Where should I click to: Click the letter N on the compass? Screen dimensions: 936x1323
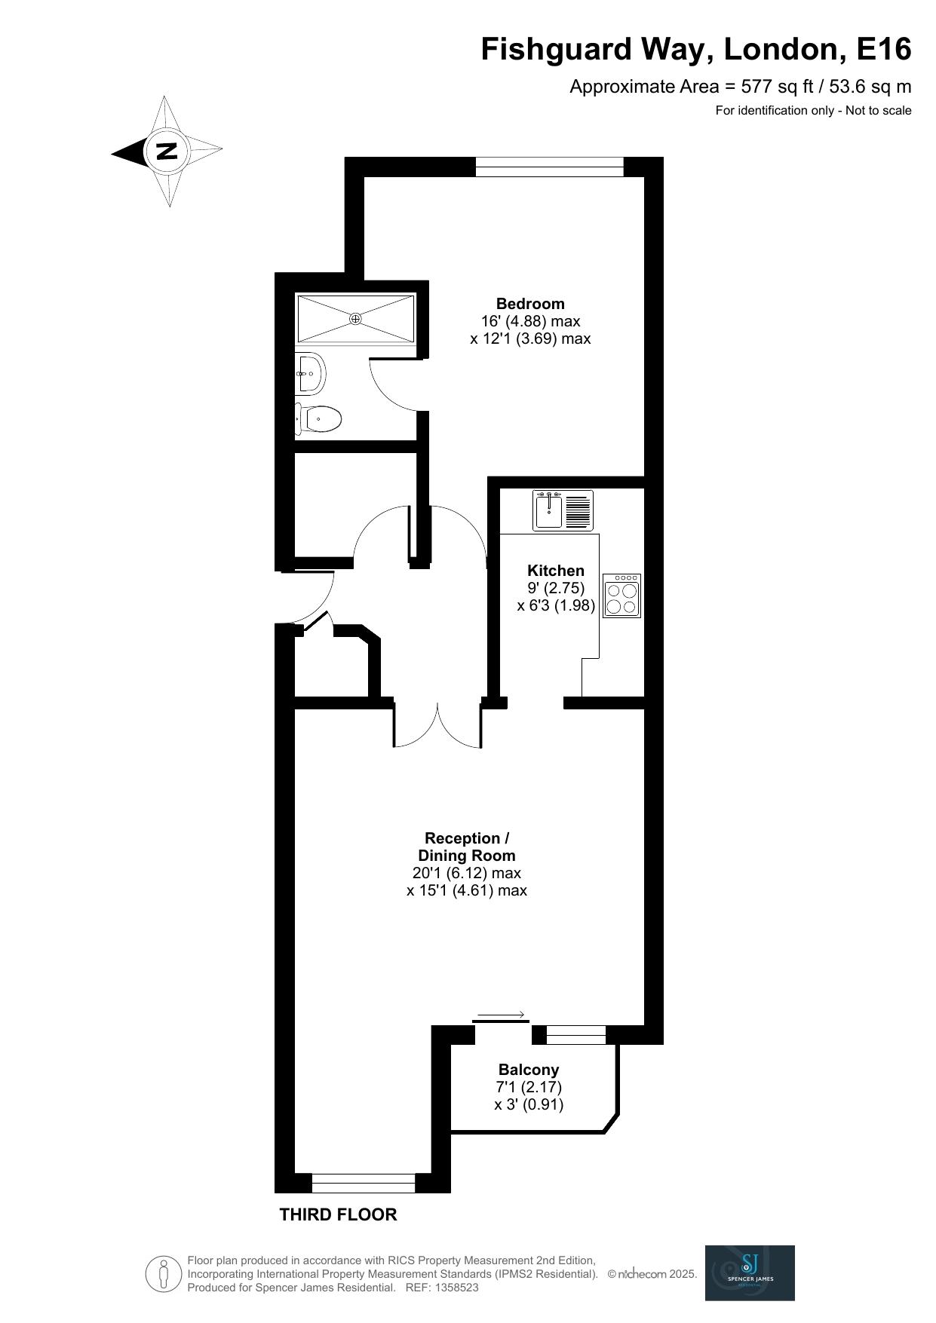pos(167,151)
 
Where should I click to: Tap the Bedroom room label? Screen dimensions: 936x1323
pos(530,304)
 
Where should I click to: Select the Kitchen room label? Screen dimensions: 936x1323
pos(556,571)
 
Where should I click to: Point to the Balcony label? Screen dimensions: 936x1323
pos(529,1070)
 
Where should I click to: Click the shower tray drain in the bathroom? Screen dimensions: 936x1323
pos(355,319)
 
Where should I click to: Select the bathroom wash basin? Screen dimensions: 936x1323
pos(310,372)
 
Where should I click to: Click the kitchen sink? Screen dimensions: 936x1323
pos(563,510)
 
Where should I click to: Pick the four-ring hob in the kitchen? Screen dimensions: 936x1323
pos(622,596)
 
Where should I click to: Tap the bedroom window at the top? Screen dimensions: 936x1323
pos(550,167)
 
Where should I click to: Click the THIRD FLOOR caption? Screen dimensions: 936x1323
pos(338,1214)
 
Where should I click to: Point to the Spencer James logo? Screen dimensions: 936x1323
pos(750,1272)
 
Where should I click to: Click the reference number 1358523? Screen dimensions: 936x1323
pos(453,1288)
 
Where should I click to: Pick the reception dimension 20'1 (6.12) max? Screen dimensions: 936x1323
pos(467,873)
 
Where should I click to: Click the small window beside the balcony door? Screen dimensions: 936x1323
pos(576,1035)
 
